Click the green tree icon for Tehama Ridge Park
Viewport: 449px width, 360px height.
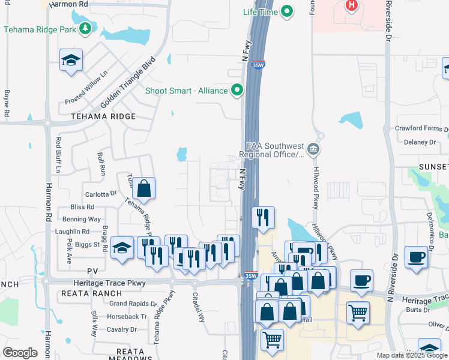point(85,28)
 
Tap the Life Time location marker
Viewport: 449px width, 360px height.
point(287,11)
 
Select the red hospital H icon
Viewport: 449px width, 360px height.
point(352,6)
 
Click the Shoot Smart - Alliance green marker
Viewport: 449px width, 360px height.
point(237,91)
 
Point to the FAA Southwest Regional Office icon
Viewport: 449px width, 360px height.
point(312,149)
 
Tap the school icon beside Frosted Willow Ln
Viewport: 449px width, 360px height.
point(71,60)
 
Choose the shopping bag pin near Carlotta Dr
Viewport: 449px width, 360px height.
point(144,188)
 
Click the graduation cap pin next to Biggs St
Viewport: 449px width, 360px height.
point(122,248)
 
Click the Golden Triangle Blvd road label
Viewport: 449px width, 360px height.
point(128,83)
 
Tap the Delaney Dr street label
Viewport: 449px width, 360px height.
point(419,142)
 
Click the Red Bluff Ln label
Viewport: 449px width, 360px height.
point(59,155)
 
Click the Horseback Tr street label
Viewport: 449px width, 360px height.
point(128,316)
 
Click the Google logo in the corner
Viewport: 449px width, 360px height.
point(20,353)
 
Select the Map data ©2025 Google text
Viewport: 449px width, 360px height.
point(411,355)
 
